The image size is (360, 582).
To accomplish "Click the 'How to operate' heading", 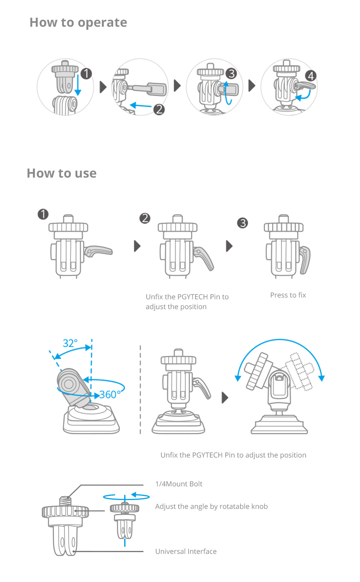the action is (78, 23).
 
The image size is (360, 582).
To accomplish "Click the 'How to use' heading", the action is (62, 173).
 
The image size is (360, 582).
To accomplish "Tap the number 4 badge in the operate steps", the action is (311, 76).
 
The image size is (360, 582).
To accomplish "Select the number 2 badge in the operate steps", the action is (159, 109).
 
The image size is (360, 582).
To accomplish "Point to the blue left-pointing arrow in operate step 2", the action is (141, 105).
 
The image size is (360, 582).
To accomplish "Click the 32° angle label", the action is (70, 343).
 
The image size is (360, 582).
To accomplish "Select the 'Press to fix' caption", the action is (288, 295).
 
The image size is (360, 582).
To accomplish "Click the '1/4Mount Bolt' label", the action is (179, 484).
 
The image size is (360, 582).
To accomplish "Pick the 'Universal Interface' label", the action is (186, 551).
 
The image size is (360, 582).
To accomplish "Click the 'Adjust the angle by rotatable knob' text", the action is (211, 506).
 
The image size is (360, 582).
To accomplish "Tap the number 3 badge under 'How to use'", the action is (243, 223).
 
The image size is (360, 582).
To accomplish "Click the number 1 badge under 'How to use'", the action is (43, 215).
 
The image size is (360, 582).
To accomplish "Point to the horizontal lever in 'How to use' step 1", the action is (98, 251).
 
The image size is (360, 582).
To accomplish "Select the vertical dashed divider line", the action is (140, 390).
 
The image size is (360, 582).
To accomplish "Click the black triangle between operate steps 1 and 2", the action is (103, 87).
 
